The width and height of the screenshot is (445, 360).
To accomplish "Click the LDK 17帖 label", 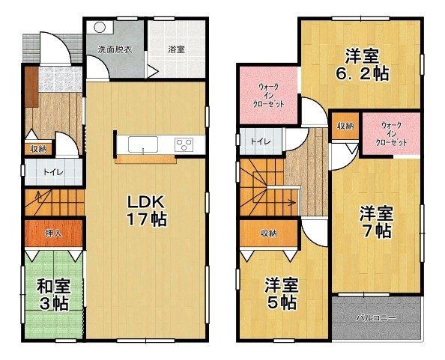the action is pos(146,210).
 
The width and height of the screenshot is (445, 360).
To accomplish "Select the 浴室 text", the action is pos(176,49).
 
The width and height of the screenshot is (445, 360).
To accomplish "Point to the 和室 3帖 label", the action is pos(54,295).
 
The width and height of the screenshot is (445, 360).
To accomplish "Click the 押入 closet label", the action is pos(53,234).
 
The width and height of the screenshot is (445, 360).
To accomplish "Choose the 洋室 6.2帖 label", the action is pos(362,65).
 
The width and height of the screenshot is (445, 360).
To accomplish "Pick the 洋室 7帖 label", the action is pos(377,222).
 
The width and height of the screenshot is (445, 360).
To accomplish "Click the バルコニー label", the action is pos(376,318).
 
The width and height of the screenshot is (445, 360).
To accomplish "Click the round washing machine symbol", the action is pos(100,28).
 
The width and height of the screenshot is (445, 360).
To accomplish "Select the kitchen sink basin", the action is pos(143,144).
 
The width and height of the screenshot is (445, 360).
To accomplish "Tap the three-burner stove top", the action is pos(184,144).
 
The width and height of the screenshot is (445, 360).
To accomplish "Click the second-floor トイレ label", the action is pos(261,141).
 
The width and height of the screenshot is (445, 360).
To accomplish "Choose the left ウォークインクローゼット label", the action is pos(269,96).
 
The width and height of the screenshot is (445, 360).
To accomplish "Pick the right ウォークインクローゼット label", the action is pos(392,133).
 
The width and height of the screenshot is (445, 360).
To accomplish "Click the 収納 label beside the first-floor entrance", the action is pos(38,149).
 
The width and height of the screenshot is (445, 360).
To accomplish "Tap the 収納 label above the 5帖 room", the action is pos(269,234).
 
